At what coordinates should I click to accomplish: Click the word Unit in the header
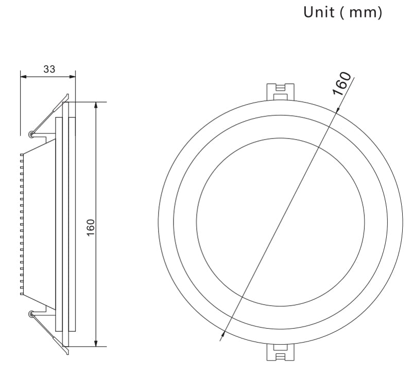coord(319,12)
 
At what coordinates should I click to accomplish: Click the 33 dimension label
coord(49,69)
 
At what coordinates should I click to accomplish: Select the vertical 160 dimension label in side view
coord(91,227)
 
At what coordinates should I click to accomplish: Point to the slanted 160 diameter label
coord(341,83)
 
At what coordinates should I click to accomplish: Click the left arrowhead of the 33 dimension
coord(23,77)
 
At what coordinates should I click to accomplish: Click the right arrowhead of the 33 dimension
coord(72,77)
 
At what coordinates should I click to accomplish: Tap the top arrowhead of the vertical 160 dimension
coord(96,105)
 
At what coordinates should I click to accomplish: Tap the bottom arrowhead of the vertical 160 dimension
coord(96,343)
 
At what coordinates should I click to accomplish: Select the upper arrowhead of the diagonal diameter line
coord(337,109)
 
